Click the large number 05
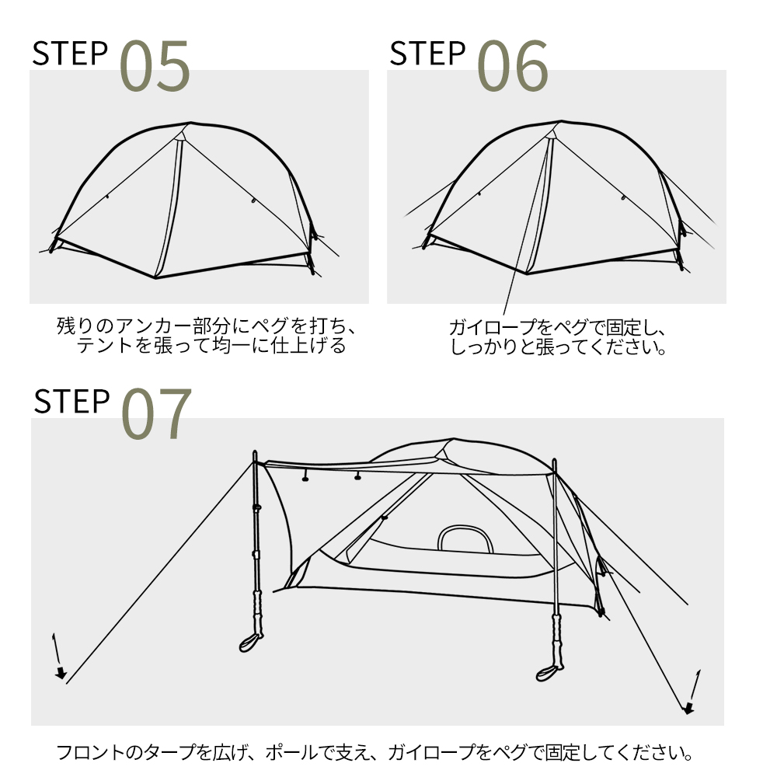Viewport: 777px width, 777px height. (155, 67)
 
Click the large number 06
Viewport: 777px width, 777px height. (512, 67)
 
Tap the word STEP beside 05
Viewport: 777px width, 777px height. (70, 53)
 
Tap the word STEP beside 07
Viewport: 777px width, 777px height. (71, 401)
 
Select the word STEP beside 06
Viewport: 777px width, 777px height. (427, 53)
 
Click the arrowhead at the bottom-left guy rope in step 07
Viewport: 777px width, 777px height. (61, 673)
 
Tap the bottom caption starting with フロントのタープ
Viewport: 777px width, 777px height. (375, 752)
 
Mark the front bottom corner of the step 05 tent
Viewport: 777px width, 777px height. (155, 277)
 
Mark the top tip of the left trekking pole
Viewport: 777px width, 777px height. (255, 453)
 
